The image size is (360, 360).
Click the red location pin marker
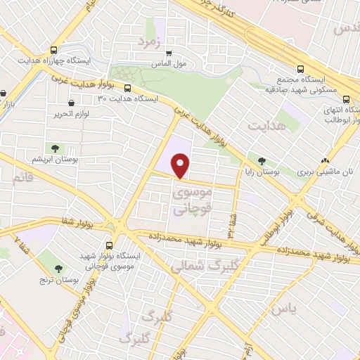coord(181,167)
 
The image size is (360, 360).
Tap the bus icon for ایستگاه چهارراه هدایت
coord(54,50)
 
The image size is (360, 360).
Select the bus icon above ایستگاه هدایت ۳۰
coord(127,88)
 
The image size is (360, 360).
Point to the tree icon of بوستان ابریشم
coord(54,148)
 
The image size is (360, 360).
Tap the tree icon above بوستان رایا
coord(262,161)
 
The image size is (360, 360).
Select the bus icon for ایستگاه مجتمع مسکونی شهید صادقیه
coord(300,69)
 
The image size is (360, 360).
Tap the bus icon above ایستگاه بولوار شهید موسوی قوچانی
coord(110,246)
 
